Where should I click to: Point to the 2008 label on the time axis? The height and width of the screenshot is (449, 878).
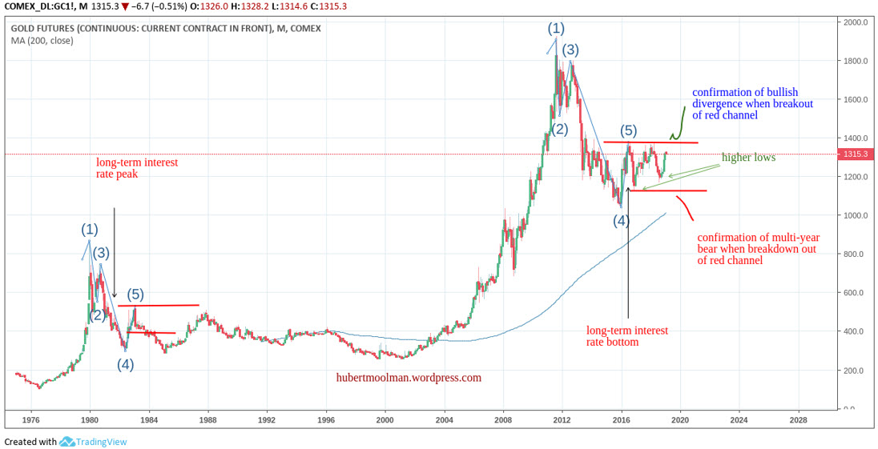(503, 419)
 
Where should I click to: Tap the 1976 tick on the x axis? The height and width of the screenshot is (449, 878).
(30, 419)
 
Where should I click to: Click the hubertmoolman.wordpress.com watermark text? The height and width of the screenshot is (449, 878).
(409, 378)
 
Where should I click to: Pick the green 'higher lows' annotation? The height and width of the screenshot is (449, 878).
(748, 158)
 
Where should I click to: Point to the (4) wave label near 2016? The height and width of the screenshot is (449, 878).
(622, 221)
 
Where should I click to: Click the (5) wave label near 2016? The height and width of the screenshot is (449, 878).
(629, 130)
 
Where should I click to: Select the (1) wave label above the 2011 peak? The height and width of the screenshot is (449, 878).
(556, 28)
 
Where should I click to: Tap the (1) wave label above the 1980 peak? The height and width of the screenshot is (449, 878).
(89, 229)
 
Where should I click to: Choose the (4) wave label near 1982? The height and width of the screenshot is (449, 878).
(126, 364)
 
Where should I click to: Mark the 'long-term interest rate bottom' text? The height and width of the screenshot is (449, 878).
(626, 336)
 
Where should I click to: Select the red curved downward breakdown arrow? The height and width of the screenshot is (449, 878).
(686, 206)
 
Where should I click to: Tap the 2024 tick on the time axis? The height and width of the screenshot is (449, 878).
(739, 419)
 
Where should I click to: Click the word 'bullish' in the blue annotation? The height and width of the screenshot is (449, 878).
(776, 92)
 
